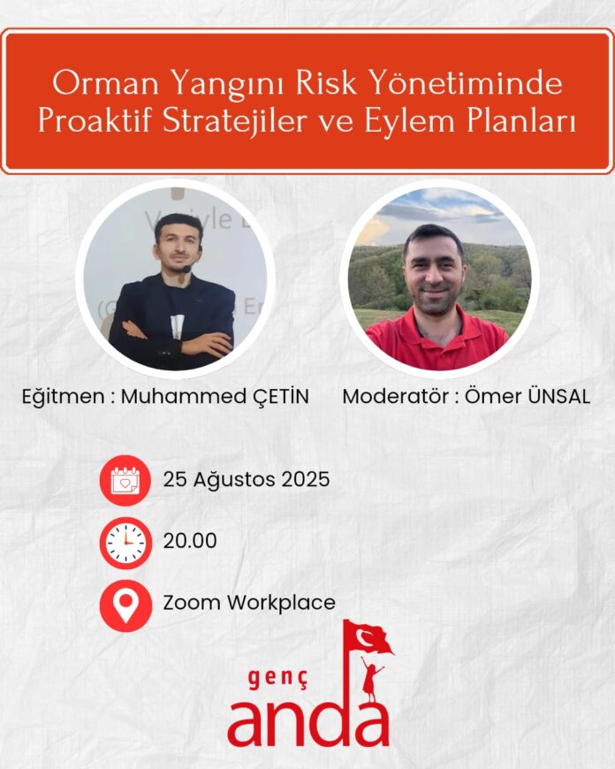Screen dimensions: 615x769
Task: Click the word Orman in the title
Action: pos(106,83)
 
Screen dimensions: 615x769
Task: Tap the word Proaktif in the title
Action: pos(95,120)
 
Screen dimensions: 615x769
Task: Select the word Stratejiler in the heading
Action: pos(236,120)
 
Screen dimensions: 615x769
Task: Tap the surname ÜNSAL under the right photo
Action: pos(558,396)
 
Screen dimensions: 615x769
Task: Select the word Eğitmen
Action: pos(63,397)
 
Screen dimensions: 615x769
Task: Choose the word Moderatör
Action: pos(396,396)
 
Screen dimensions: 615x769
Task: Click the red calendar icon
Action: pos(125,481)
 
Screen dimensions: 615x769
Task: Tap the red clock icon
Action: pos(125,543)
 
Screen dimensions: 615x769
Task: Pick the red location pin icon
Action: pos(125,605)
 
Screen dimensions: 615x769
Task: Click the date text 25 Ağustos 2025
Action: pos(247,480)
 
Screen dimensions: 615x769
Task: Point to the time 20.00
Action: pos(190,541)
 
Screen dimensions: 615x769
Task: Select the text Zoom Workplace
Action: pos(249,603)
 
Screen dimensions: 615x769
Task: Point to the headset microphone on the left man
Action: pos(186,269)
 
